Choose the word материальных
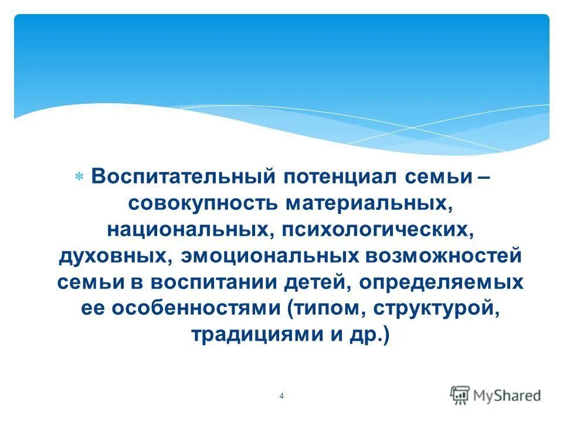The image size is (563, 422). point(367,203)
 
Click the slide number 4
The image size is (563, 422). point(281,396)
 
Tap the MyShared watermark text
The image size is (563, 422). point(508,396)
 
